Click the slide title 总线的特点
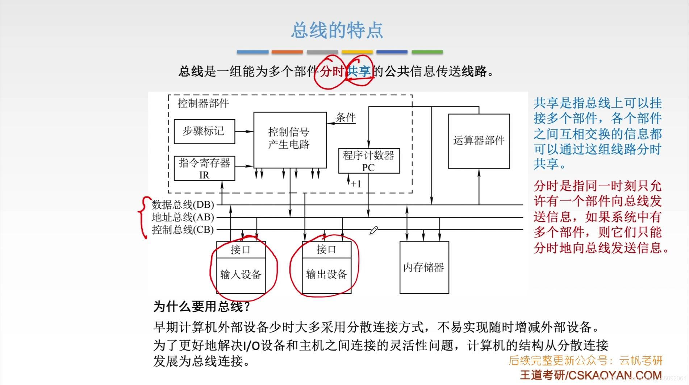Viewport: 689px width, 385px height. pyautogui.click(x=337, y=30)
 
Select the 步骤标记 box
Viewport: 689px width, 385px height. pyautogui.click(x=204, y=131)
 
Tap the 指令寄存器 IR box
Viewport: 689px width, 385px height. pyautogui.click(x=204, y=168)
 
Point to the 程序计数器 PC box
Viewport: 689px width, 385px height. pyautogui.click(x=369, y=161)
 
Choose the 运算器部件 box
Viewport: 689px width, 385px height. pyautogui.click(x=479, y=141)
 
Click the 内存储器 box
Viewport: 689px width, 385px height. pyautogui.click(x=424, y=268)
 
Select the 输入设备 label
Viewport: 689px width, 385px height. pyautogui.click(x=241, y=275)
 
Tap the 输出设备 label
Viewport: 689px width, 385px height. pyautogui.click(x=326, y=275)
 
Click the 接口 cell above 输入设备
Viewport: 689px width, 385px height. pyautogui.click(x=241, y=250)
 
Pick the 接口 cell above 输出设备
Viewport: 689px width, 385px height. pyautogui.click(x=326, y=250)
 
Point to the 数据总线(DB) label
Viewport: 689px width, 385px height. pyautogui.click(x=183, y=205)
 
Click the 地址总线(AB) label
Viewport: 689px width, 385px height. pyautogui.click(x=183, y=217)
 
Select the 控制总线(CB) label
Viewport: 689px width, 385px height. pyautogui.click(x=183, y=229)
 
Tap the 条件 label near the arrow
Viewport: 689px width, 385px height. pyautogui.click(x=346, y=117)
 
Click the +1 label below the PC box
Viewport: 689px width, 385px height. pyautogui.click(x=356, y=184)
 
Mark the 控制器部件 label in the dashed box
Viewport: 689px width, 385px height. pyautogui.click(x=203, y=104)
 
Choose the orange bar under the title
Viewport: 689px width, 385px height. pyautogui.click(x=287, y=52)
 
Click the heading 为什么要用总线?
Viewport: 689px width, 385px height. pyautogui.click(x=202, y=307)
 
